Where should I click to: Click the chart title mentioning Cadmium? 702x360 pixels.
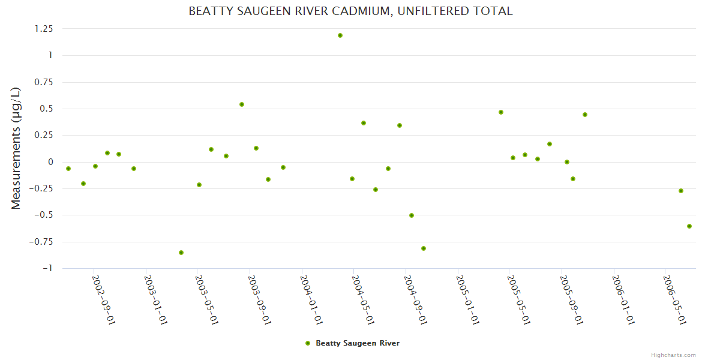coord(350,11)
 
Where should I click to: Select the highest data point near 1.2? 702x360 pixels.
coord(340,35)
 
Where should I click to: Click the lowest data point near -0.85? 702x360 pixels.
coord(181,253)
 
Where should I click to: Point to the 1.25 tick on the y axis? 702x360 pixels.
coord(44,29)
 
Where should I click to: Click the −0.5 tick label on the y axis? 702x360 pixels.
coord(43,215)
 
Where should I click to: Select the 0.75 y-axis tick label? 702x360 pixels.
coord(44,82)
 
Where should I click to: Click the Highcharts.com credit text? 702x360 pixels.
coord(673,355)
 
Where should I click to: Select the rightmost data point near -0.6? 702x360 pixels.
coord(689,226)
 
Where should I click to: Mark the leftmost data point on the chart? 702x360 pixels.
coord(68,169)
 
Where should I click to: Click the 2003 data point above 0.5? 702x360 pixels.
coord(242,104)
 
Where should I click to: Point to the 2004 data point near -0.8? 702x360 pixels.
coord(424,248)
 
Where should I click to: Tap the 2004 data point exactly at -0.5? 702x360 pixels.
coord(412,215)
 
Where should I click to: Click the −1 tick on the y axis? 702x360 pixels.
coord(47,268)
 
